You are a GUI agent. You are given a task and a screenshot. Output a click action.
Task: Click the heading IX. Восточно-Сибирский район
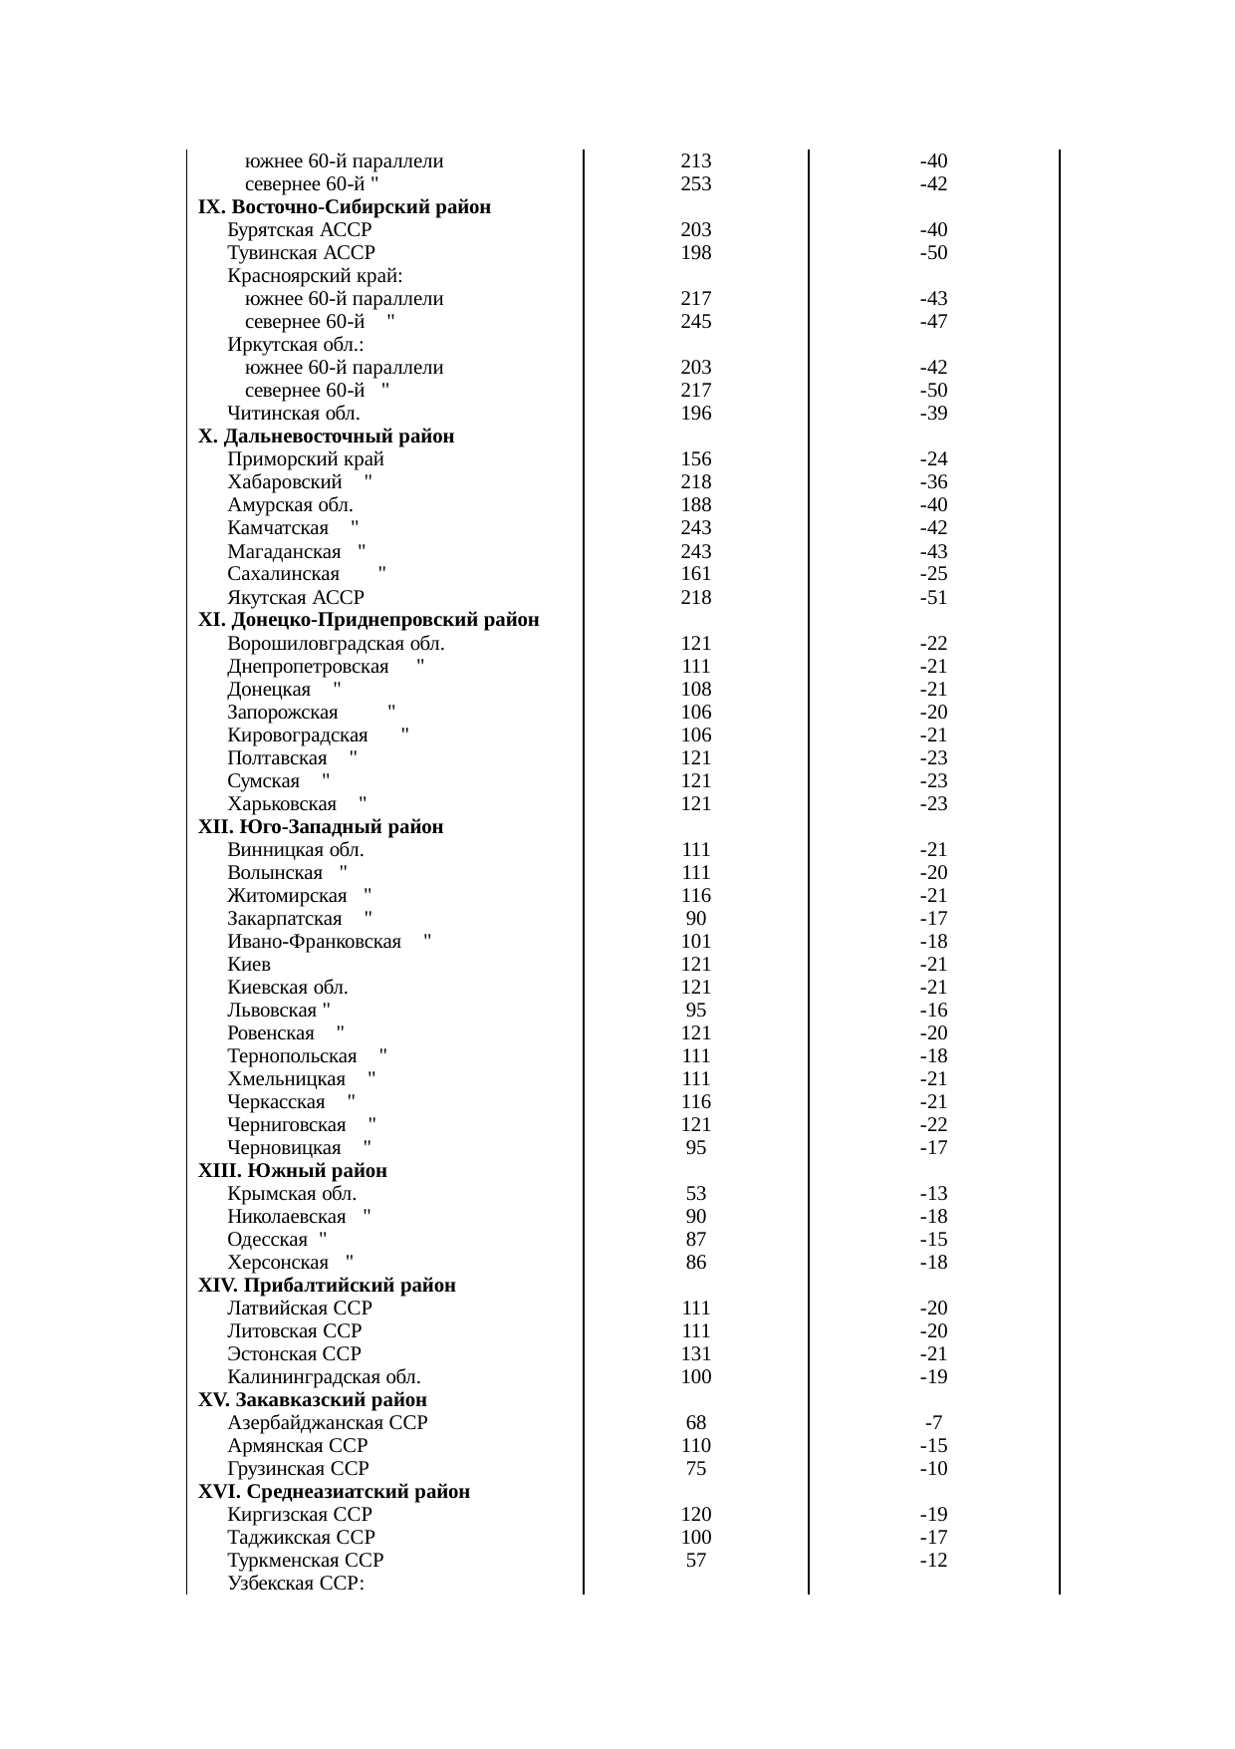coord(345,207)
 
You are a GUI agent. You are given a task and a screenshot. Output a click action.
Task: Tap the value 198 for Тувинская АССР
coord(696,253)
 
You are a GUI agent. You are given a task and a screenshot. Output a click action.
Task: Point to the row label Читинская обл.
coord(294,414)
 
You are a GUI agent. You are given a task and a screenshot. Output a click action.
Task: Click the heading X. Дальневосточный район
coord(327,437)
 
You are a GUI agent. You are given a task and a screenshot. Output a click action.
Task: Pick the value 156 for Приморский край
coord(696,459)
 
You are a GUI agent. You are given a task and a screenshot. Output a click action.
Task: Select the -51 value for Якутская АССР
coord(933,598)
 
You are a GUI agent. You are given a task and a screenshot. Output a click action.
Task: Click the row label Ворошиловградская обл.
coord(336,644)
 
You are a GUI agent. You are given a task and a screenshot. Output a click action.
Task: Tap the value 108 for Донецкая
coord(696,690)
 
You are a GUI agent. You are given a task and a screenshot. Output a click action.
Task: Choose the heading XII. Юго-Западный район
coord(321,827)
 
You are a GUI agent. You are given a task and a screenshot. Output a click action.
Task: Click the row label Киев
coord(249,965)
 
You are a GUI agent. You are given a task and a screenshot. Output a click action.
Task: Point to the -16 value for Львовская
coord(933,1011)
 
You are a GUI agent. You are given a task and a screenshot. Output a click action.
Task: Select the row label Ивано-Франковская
coord(315,942)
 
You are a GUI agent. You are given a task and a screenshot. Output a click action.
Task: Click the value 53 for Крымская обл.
coord(696,1194)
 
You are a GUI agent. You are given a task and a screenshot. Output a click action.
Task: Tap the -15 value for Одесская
coord(933,1240)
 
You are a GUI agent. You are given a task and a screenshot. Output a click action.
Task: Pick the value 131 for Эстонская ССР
coord(696,1354)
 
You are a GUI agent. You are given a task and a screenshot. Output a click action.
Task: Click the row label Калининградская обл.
coord(324,1377)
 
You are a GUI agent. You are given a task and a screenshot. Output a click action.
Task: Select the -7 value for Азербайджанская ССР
coord(933,1423)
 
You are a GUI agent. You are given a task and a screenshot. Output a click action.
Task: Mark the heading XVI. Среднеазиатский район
coord(335,1492)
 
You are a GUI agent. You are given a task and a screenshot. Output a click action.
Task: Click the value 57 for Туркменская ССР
coord(696,1561)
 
